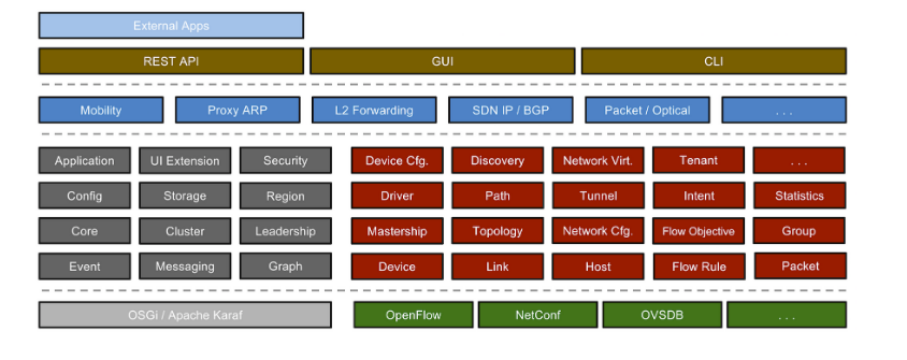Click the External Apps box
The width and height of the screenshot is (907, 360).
point(171,25)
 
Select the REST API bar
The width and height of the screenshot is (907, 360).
point(171,61)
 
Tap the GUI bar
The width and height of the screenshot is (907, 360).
point(442,61)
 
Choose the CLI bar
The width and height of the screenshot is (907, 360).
point(713,61)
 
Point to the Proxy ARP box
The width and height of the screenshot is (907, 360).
point(238,110)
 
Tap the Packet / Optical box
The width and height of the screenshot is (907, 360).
point(647,110)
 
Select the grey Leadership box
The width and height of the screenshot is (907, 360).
point(285,231)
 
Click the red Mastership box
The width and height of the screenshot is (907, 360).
point(397,231)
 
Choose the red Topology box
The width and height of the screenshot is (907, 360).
point(497,231)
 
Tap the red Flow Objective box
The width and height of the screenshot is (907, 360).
point(698,231)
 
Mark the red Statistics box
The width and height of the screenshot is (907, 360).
point(799,196)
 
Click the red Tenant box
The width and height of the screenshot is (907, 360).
point(698,160)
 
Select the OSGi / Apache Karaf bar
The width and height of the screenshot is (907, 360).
point(185,315)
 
